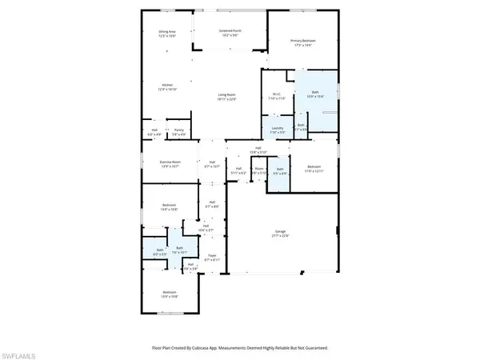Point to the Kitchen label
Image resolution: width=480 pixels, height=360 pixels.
(168, 84)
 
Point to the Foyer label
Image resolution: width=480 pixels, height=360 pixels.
(212, 256)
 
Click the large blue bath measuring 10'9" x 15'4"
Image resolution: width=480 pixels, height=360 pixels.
(314, 92)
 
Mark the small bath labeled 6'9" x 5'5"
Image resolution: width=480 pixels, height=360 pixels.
(160, 251)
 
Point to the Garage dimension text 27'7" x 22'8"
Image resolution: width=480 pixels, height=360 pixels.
(278, 237)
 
